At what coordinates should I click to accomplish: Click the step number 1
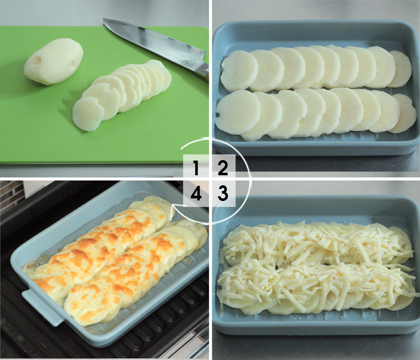[196, 168]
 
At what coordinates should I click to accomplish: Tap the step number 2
[223, 168]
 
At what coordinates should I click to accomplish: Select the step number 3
[223, 194]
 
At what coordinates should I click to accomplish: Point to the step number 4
[196, 194]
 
